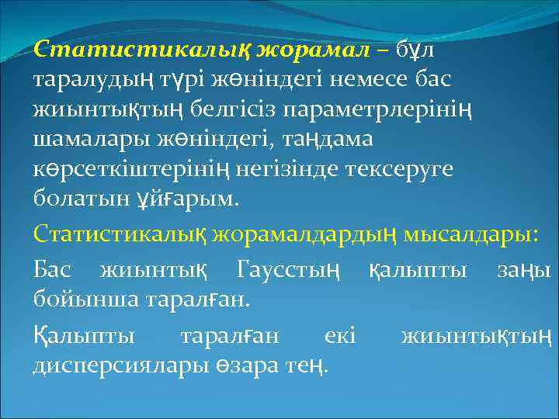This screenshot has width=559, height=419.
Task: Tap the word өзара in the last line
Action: click(x=253, y=365)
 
